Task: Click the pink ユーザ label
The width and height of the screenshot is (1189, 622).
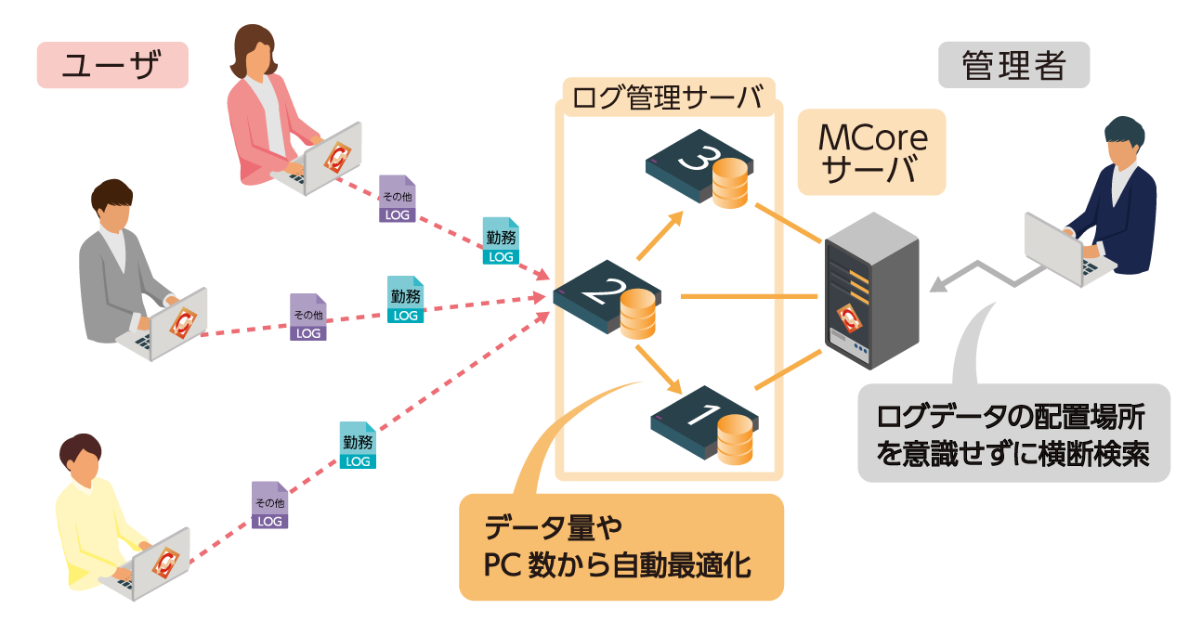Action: click(x=112, y=66)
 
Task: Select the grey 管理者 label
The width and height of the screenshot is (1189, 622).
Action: click(x=1013, y=66)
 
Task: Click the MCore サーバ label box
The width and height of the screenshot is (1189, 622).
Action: click(x=871, y=153)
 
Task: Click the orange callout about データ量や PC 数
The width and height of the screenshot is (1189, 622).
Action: click(x=621, y=547)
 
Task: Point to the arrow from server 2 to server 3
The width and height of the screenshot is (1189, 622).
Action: click(x=660, y=236)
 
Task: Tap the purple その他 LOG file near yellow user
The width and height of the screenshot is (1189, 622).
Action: click(x=270, y=506)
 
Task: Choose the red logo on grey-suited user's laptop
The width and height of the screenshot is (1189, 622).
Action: click(x=180, y=321)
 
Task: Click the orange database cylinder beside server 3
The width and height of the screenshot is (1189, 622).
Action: click(x=730, y=184)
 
